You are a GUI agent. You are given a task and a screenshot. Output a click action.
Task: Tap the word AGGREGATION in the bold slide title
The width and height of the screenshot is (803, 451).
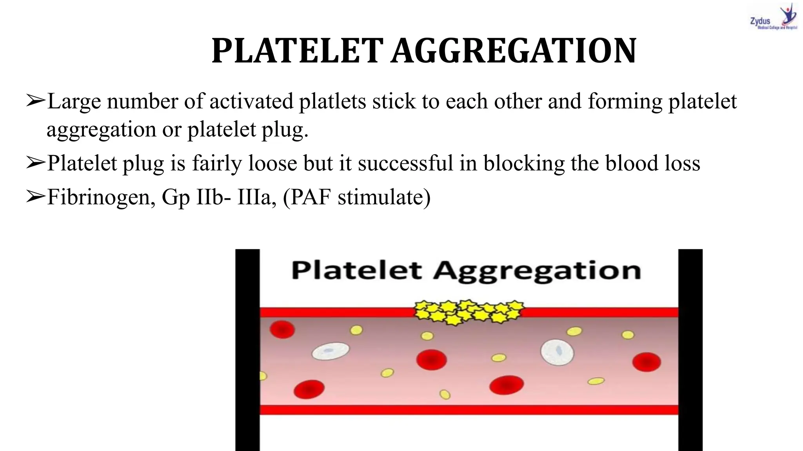pos(514,51)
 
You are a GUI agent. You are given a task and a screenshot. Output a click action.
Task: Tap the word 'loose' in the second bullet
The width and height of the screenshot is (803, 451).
pos(273,163)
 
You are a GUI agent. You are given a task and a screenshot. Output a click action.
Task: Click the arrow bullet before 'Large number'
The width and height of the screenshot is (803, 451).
pos(36,101)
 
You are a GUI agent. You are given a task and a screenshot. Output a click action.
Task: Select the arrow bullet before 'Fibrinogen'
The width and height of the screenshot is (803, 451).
pos(36,196)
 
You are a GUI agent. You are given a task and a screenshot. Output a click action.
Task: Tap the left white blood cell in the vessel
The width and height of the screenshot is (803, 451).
pos(331,351)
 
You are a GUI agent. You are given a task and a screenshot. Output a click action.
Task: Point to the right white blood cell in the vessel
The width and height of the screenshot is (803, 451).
pos(557,351)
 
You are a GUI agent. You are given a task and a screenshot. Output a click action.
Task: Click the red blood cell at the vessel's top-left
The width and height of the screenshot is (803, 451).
pos(282,329)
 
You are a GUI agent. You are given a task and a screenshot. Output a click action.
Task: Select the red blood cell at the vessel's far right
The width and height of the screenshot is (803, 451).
pos(647,362)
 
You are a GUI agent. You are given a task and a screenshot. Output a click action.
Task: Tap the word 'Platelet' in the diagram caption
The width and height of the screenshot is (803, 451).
pos(357,270)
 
